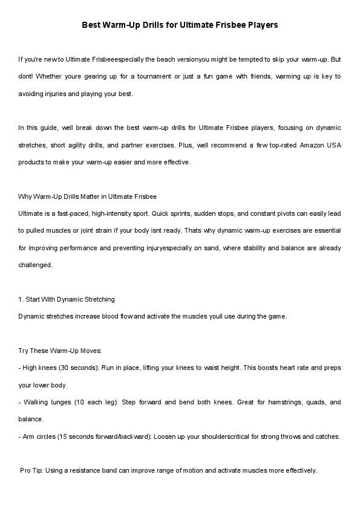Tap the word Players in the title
coord(260,25)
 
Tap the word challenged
coord(35,264)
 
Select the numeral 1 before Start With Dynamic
coord(21,299)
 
